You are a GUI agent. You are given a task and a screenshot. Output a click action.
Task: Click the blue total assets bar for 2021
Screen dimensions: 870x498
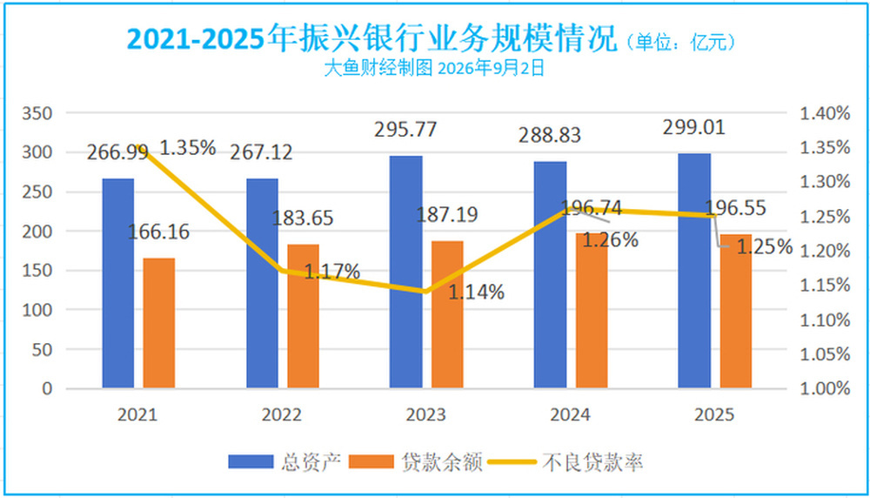(x=118, y=283)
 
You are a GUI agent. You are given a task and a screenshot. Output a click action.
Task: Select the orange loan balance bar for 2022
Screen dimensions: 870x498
(x=303, y=316)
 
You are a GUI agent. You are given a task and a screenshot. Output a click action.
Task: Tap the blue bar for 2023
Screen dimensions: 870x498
(x=406, y=272)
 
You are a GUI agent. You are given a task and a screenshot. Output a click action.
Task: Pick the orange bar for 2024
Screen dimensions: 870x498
(x=592, y=310)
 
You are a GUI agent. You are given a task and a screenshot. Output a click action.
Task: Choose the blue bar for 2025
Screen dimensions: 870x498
(x=694, y=271)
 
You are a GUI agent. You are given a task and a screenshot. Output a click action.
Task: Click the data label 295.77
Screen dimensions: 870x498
(x=405, y=130)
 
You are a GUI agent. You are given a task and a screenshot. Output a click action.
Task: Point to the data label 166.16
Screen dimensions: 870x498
(x=158, y=232)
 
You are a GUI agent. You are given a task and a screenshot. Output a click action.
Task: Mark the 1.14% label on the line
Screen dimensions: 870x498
(x=476, y=292)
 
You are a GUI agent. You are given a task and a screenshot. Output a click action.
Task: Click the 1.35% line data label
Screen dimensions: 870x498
(x=188, y=148)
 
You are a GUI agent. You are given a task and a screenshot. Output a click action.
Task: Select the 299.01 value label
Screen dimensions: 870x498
(x=694, y=127)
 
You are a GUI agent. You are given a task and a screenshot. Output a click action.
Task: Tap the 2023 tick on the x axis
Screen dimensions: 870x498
(x=425, y=414)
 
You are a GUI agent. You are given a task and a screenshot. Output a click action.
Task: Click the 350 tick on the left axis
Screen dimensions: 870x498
(x=37, y=113)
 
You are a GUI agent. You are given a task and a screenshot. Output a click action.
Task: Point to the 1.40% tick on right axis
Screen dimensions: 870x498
(x=825, y=113)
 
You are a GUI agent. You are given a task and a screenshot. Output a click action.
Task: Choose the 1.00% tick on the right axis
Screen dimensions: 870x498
(x=825, y=388)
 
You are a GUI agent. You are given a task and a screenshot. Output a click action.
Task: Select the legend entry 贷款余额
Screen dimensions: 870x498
(x=416, y=462)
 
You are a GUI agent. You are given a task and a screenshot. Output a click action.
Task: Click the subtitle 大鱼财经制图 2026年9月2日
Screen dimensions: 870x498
(x=434, y=68)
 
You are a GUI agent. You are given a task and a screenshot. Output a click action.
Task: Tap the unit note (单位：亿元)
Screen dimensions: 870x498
(x=681, y=42)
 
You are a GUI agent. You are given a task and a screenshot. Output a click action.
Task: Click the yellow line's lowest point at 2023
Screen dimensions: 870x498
(x=425, y=292)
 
